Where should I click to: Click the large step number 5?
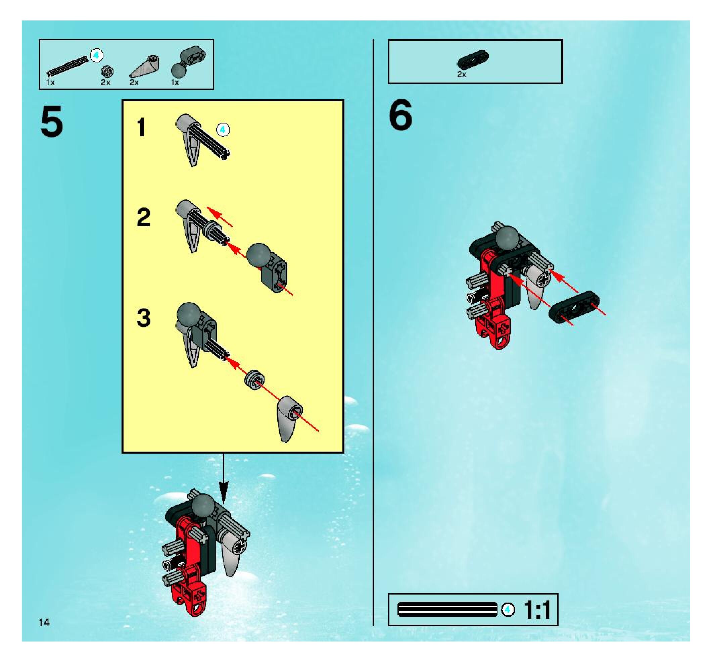tap(52, 122)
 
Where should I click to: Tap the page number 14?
tap(44, 622)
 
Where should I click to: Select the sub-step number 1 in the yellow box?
tap(142, 127)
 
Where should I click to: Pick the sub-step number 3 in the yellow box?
tap(143, 318)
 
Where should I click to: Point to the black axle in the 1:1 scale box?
tap(447, 609)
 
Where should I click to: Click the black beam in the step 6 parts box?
tap(473, 59)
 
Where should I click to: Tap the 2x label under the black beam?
tap(462, 74)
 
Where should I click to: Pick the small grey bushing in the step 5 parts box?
tap(107, 71)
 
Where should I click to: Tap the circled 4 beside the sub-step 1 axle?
tap(223, 130)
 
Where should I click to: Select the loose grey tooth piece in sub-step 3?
tap(289, 419)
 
